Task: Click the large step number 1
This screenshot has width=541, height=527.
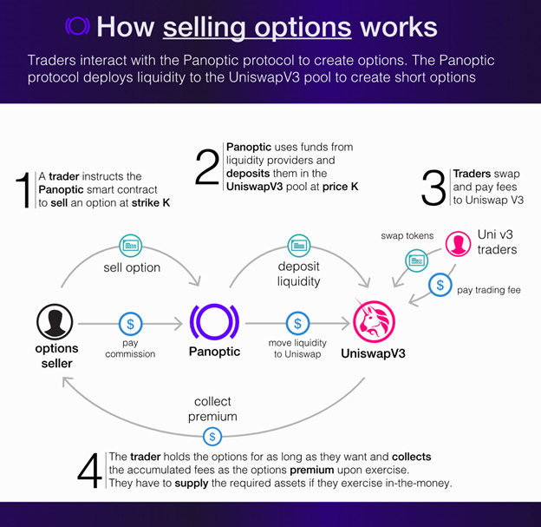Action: [25, 190]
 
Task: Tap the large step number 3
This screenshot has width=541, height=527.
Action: [433, 188]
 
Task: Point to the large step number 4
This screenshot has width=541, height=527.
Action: [90, 471]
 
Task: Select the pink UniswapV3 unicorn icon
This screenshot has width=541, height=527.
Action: [373, 323]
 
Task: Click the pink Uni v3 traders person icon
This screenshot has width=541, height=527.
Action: [458, 243]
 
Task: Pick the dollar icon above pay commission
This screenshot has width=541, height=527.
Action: [130, 324]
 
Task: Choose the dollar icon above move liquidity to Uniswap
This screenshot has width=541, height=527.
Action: [297, 324]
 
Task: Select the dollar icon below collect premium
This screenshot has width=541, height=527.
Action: [212, 436]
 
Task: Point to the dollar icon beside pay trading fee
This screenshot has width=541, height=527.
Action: [440, 285]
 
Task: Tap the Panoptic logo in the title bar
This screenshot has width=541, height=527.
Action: [77, 26]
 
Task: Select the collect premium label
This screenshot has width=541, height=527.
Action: [212, 409]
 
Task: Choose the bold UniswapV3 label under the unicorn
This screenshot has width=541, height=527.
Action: [373, 354]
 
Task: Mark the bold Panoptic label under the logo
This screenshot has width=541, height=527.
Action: [215, 352]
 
